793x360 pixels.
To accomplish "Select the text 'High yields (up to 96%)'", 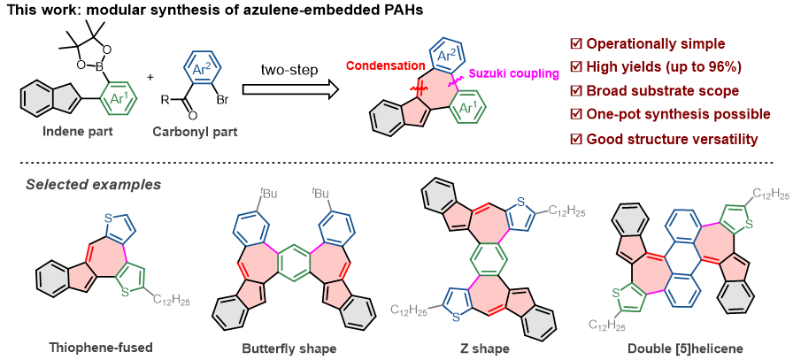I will [x=659, y=66].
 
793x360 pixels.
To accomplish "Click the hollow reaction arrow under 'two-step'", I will [x=291, y=89].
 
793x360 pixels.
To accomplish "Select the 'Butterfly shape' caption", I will [x=289, y=348].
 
